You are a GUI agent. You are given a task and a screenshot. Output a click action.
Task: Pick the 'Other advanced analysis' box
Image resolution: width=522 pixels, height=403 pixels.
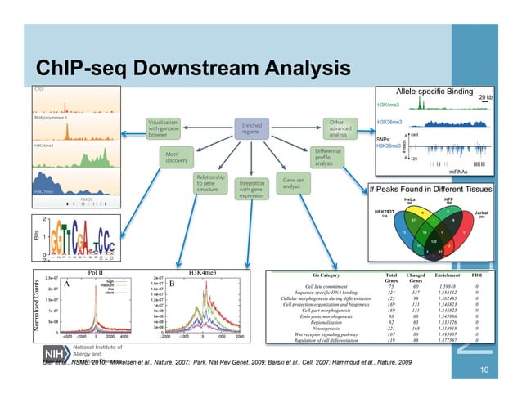[x=340, y=128]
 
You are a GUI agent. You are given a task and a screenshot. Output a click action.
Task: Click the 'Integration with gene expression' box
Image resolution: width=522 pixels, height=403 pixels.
[x=251, y=190]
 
